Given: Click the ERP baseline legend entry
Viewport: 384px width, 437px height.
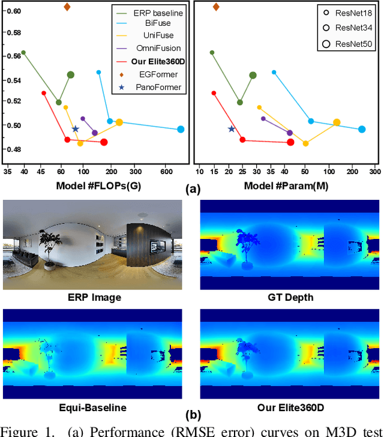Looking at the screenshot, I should [158, 12].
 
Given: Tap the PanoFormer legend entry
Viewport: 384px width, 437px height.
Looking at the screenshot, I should [159, 87].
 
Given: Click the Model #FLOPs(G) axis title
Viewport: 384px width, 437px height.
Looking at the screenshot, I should [98, 185].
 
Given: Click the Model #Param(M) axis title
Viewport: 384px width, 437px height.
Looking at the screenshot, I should [286, 185].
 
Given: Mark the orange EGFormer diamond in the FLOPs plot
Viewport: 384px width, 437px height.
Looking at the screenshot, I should [67, 7].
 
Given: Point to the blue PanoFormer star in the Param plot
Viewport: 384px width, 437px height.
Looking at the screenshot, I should [232, 129].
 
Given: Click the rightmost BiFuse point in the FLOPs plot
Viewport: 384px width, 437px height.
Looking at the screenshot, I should [181, 129].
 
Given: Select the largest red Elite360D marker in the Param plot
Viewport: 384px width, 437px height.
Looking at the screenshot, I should [291, 142].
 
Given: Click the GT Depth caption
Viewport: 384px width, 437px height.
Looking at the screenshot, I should [290, 298].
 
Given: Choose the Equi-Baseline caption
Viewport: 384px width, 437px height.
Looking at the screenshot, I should [93, 408].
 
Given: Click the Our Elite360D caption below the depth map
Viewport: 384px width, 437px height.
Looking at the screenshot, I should [290, 408].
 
